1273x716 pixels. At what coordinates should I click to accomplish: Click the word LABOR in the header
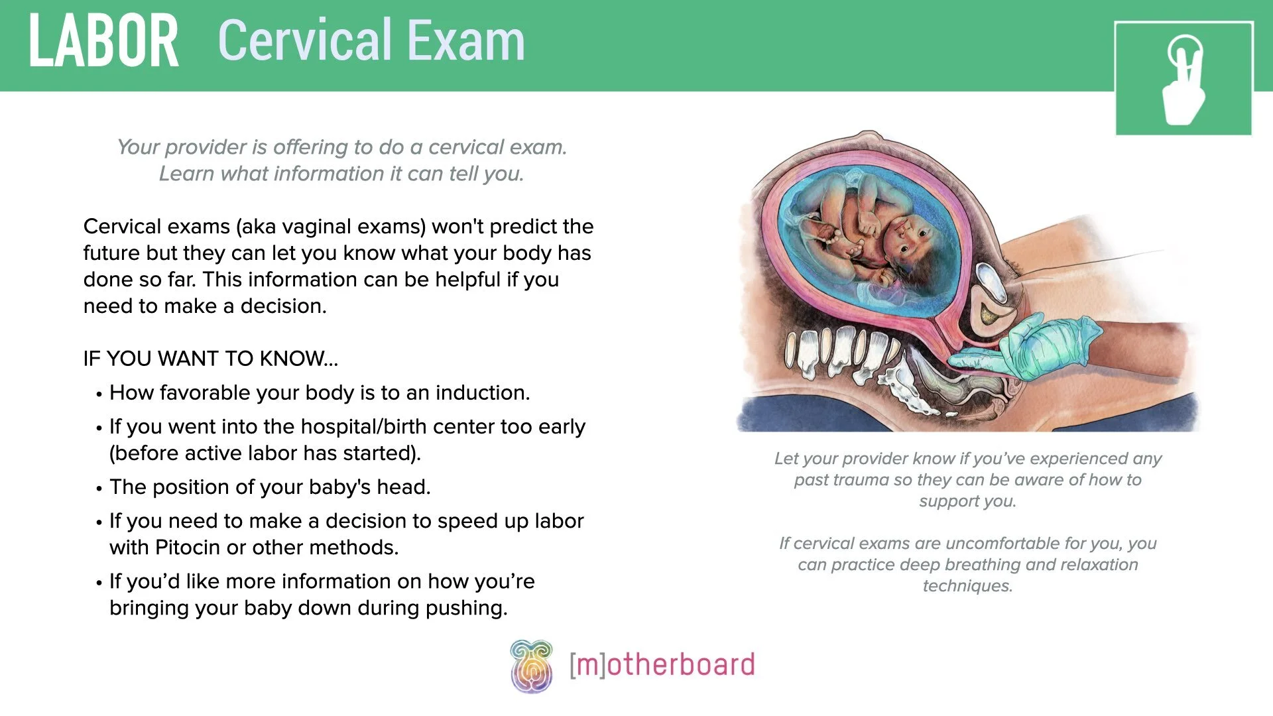coord(103,41)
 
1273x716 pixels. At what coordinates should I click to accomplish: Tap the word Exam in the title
coord(465,41)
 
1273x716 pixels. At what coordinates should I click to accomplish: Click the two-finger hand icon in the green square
coord(1183,80)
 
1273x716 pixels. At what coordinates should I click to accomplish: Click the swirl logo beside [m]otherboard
coord(531,666)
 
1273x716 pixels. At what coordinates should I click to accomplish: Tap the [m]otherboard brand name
coord(662,665)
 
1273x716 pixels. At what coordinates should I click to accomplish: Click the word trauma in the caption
coord(857,480)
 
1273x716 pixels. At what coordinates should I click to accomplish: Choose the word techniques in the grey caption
coord(967,586)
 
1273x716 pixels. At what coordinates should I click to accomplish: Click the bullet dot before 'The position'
coord(99,489)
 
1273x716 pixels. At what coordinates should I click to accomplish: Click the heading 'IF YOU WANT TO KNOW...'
coord(211,359)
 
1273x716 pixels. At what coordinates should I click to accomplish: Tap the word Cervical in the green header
coord(305,41)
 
